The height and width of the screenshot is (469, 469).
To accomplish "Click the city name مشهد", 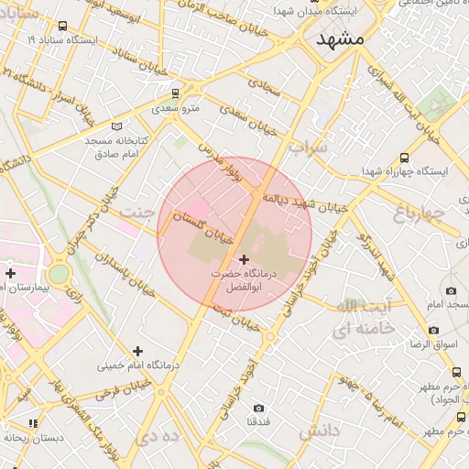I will click(339, 40).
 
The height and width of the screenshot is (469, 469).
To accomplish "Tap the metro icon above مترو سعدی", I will click(175, 93).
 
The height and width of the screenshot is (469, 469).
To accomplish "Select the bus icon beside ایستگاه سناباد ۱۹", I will click(62, 27).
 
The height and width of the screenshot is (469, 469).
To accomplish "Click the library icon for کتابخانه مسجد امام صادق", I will click(115, 125).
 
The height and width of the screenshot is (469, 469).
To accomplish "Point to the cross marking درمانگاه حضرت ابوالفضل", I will click(244, 260).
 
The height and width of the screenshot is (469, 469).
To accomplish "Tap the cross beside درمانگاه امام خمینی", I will click(137, 350).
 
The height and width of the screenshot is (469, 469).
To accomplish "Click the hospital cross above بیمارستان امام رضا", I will click(10, 273).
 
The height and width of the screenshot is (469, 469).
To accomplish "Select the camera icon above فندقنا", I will click(257, 407).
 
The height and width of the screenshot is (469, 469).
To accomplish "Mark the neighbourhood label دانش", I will click(320, 430).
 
